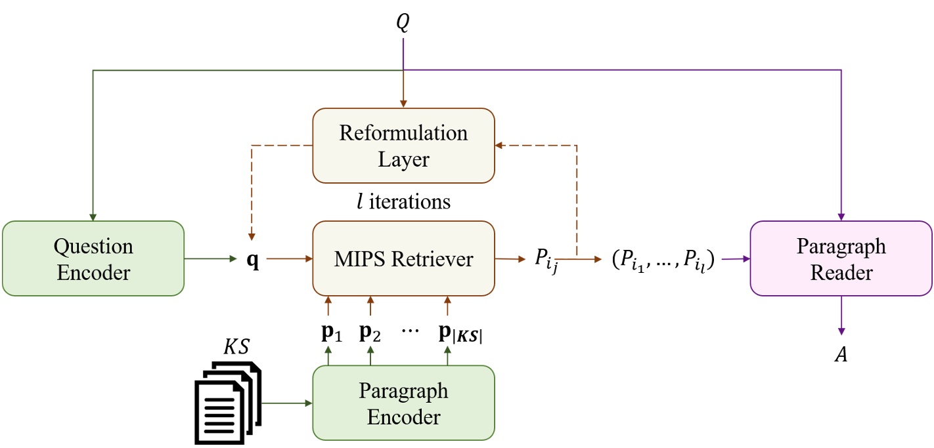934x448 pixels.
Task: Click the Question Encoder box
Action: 93,258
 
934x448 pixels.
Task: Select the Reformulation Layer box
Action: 403,146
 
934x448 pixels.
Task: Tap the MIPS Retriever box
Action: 403,258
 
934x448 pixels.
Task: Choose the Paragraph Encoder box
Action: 403,402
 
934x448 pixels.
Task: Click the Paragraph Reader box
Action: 841,258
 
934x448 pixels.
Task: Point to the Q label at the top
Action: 403,23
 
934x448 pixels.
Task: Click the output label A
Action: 841,355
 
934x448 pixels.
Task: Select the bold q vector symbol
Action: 252,260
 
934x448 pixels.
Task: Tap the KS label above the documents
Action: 236,346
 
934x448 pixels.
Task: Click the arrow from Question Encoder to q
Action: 210,259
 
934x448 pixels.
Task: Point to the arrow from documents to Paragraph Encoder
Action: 286,403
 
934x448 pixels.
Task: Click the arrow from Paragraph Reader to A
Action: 841,314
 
